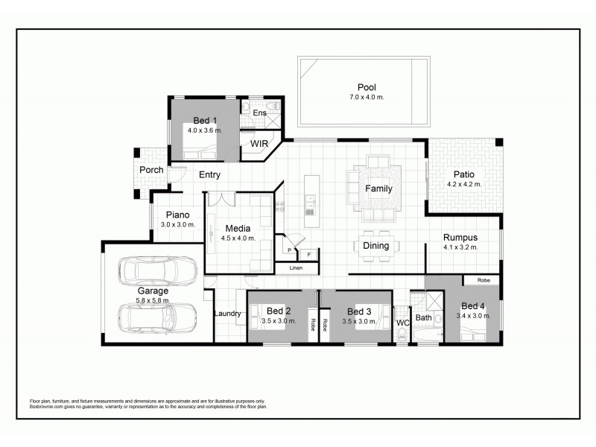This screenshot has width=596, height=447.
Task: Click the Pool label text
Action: pos(367,87)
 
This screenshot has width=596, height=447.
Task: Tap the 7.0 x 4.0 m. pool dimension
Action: pos(367,98)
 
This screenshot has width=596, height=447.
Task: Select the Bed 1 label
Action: pos(205,121)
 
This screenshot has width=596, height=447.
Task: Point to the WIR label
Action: pos(259,143)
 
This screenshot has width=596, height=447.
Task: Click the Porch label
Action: pos(151,170)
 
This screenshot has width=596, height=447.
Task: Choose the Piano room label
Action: pos(177,215)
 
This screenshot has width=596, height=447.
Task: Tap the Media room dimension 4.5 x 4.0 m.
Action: pos(239,238)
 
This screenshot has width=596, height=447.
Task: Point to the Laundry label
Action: pos(227,314)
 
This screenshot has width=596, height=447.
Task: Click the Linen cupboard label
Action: pos(296,267)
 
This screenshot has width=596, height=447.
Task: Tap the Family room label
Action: pos(378,188)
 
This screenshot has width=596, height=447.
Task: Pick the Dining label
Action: pos(376,246)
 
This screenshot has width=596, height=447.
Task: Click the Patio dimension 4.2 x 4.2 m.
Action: pos(463,184)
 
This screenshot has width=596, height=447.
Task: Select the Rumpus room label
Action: pos(460,236)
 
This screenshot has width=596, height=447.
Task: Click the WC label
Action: pos(402,323)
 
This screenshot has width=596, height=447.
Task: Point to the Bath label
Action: pos(424,318)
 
